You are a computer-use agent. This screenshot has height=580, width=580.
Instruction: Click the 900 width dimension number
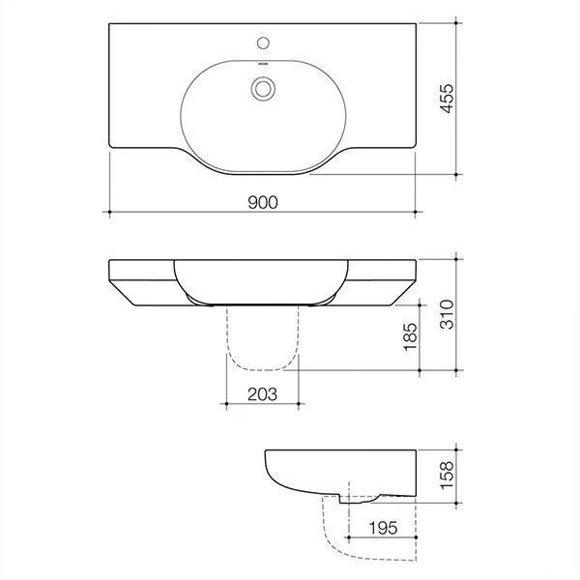click(262, 202)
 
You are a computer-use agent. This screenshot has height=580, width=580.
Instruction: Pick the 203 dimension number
click(262, 393)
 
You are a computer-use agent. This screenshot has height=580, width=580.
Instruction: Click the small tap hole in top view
click(262, 43)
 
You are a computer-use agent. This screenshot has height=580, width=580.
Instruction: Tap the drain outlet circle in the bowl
click(262, 88)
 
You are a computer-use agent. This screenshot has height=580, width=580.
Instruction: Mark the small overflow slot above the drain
click(262, 66)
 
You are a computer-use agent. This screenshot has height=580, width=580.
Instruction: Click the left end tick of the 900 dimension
click(109, 211)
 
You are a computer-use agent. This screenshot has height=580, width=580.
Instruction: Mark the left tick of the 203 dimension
click(224, 402)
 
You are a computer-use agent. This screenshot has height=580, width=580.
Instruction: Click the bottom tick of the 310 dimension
click(454, 369)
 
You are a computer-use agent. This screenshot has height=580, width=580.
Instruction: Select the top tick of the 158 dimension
click(454, 449)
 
